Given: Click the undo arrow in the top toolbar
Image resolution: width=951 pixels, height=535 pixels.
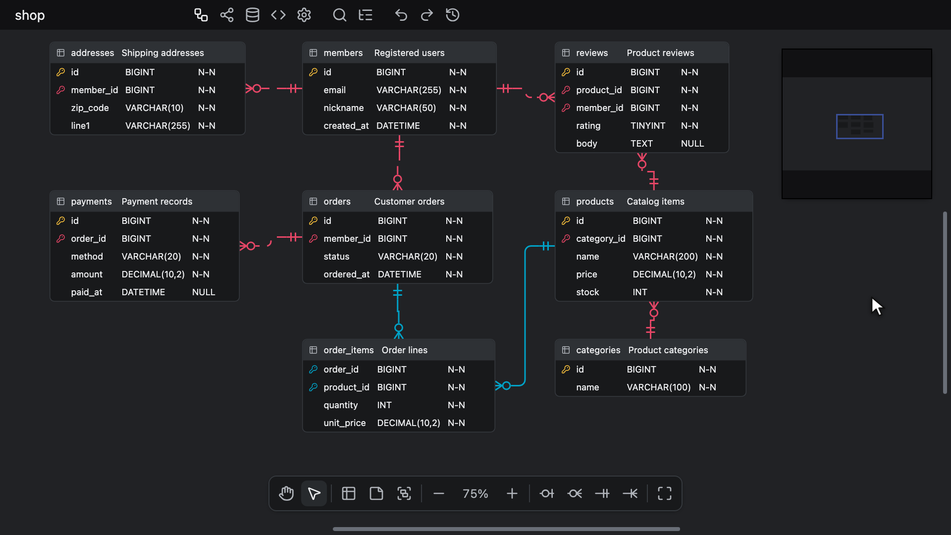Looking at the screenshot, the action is click(401, 15).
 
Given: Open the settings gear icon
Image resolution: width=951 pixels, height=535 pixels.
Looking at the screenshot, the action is click(304, 15).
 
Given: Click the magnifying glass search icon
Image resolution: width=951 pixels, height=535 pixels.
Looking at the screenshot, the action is click(339, 15).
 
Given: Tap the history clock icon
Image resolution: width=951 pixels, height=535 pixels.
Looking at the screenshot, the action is click(453, 15).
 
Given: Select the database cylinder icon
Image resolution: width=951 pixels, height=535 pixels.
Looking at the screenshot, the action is click(253, 15).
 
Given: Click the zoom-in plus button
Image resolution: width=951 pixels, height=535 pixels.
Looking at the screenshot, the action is click(512, 493).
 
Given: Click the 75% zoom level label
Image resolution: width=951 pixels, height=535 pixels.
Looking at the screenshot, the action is click(475, 493).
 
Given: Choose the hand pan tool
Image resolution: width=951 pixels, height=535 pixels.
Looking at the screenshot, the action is click(286, 493).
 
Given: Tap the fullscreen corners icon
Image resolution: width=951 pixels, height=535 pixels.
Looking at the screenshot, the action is click(665, 493).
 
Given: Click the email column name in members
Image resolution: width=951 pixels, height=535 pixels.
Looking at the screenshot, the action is click(334, 90).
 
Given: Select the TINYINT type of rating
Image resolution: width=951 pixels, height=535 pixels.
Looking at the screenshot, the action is click(648, 126).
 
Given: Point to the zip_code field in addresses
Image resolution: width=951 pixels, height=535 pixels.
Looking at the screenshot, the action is click(90, 108).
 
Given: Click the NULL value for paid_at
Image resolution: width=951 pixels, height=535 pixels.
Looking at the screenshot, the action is click(204, 292).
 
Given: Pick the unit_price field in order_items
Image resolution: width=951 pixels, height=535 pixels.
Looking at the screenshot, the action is click(345, 423).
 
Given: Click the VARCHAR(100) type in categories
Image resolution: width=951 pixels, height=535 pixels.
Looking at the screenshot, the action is click(658, 387).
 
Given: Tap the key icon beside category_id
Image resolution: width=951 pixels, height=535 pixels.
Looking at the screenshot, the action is click(566, 239).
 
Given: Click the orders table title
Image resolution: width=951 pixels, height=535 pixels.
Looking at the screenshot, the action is click(337, 202).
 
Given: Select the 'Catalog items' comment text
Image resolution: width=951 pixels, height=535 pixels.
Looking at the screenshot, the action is click(655, 202).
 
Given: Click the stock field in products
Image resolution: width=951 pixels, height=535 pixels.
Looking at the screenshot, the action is click(587, 292).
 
